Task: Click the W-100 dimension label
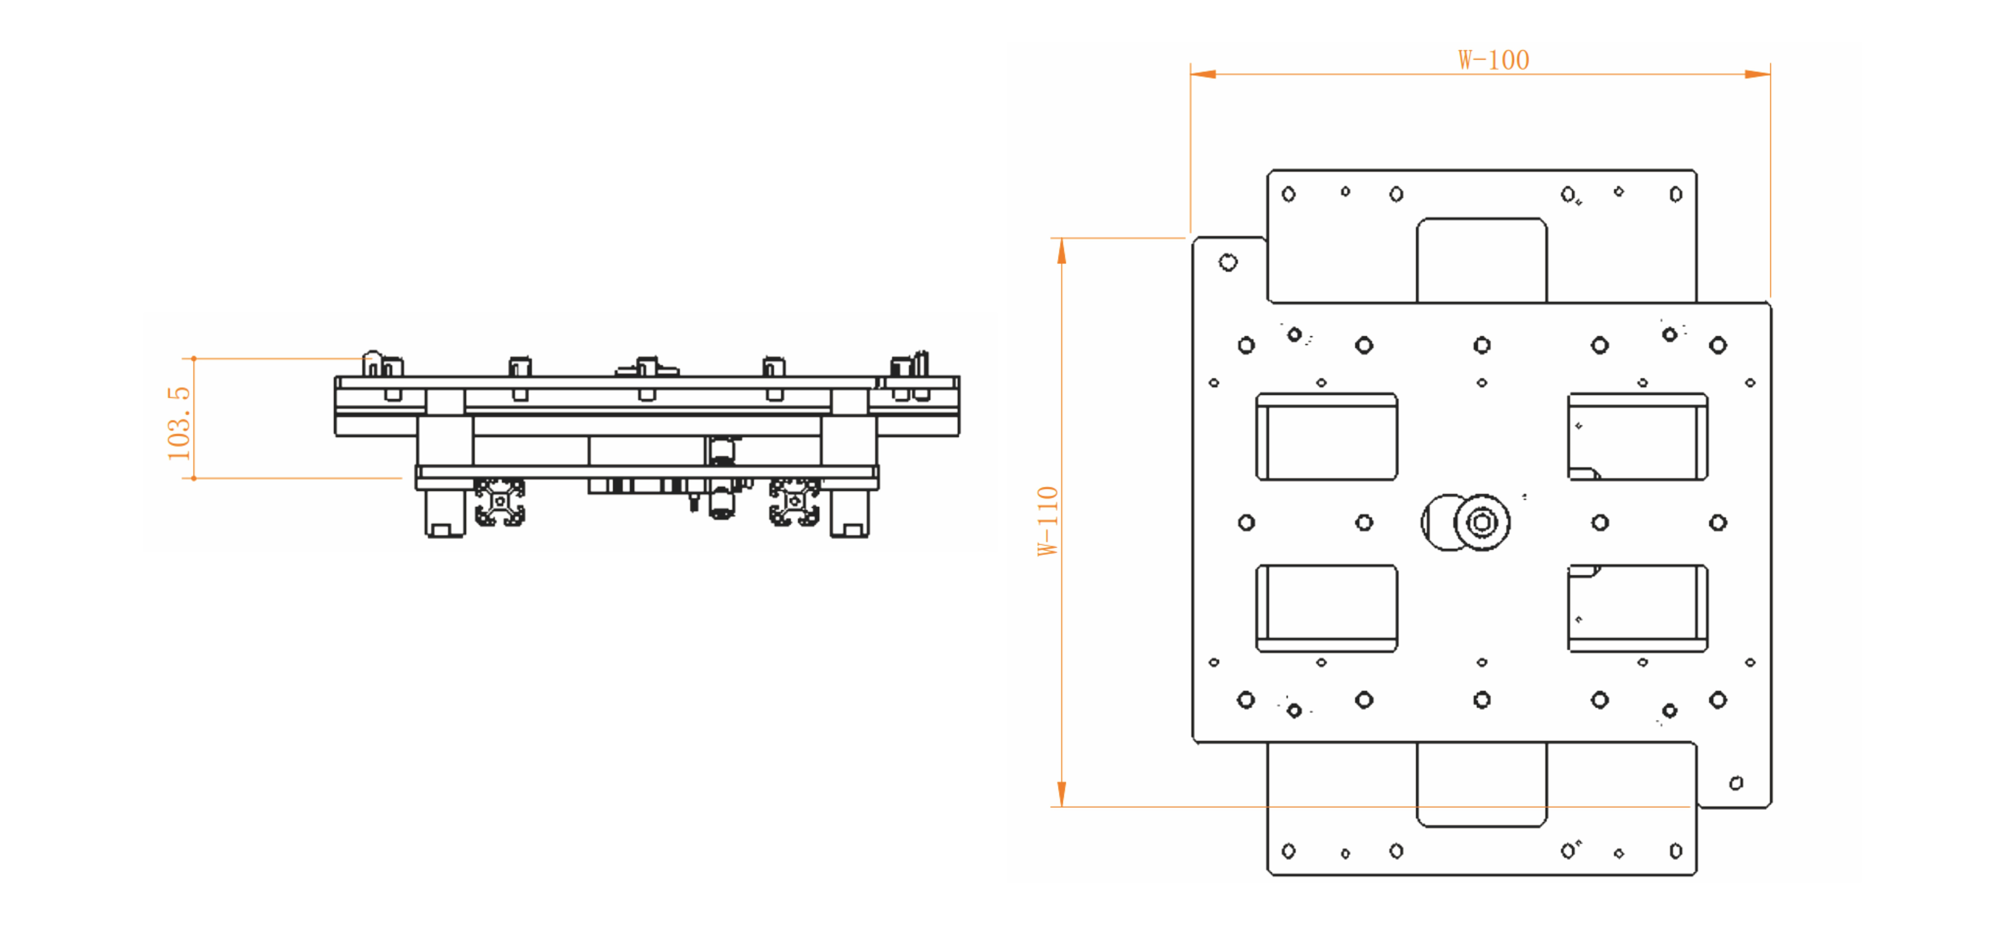[1493, 60]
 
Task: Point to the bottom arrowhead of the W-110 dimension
[1061, 794]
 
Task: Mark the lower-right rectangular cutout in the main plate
[1638, 608]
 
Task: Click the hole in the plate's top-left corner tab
[1228, 262]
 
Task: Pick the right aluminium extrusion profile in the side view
[794, 502]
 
